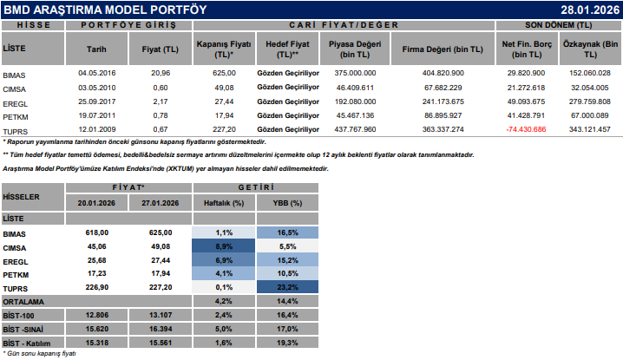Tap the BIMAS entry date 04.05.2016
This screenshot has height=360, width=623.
pyautogui.click(x=96, y=75)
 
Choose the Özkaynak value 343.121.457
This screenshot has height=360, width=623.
pyautogui.click(x=590, y=128)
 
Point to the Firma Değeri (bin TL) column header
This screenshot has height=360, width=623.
pyautogui.click(x=443, y=50)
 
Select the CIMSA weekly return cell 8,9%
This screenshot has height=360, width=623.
pyautogui.click(x=224, y=246)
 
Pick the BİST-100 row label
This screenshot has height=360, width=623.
pyautogui.click(x=20, y=314)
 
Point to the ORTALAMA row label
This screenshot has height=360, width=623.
pyautogui.click(x=24, y=300)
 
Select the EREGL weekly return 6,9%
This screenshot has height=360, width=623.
pyautogui.click(x=224, y=260)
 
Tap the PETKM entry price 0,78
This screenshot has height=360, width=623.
pyautogui.click(x=161, y=115)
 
